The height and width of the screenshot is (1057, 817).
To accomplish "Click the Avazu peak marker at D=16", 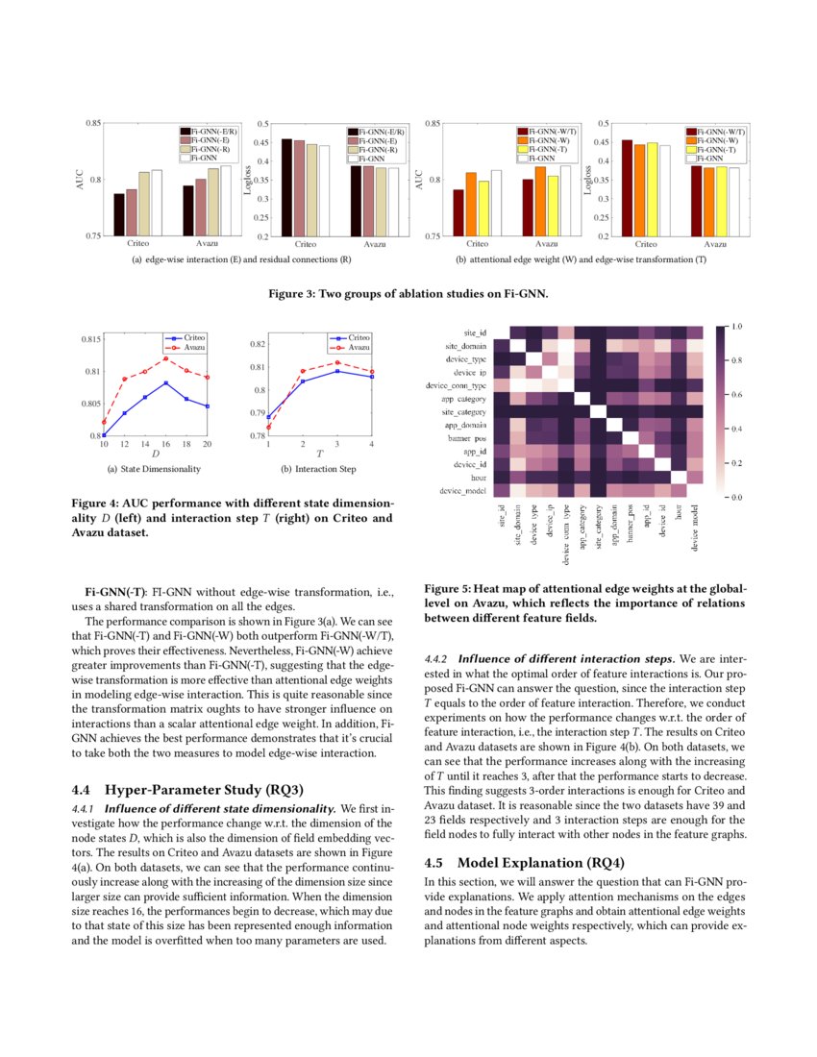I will [x=165, y=358].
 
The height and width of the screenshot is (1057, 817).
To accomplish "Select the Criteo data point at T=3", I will [x=336, y=370].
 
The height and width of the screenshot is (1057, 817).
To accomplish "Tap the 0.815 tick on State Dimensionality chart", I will [x=87, y=339].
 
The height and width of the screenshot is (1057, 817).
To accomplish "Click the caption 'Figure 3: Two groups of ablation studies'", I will [x=408, y=294].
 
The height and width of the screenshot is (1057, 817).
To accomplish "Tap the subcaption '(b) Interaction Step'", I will [x=317, y=468].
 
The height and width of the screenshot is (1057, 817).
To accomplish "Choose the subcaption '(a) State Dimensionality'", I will [x=155, y=468].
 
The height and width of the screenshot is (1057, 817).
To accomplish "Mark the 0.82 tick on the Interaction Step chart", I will [x=255, y=344].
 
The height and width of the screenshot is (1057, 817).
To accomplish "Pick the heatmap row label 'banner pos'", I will [x=465, y=437].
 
